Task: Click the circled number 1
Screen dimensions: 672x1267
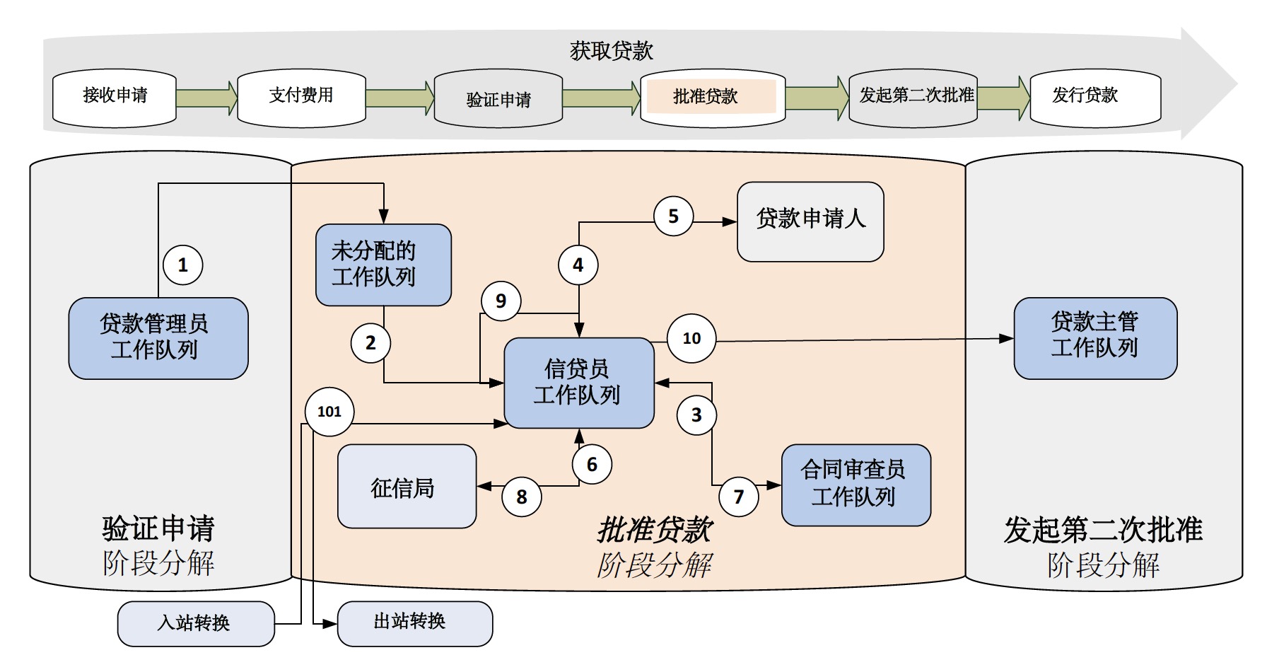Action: [x=183, y=265]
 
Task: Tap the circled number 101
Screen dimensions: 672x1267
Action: [x=329, y=412]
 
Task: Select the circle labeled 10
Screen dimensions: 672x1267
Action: [x=691, y=338]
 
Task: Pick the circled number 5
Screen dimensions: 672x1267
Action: [x=673, y=216]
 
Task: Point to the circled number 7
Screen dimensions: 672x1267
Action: [x=739, y=497]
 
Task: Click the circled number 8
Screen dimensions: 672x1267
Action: [x=522, y=497]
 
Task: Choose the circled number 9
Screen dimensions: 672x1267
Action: [x=501, y=301]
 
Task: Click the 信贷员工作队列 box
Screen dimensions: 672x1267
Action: [x=578, y=383]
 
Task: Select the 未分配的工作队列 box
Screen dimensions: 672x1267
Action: [x=383, y=265]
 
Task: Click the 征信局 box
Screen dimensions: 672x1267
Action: [x=407, y=487]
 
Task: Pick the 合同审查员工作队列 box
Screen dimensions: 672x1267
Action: [x=856, y=485]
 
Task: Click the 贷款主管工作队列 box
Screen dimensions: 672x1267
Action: [x=1094, y=338]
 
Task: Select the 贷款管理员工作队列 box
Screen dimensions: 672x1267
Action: [x=158, y=338]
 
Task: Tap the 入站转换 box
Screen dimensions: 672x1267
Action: [x=196, y=623]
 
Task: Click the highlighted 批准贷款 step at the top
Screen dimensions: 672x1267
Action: [x=711, y=97]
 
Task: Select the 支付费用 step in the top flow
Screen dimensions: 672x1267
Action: [x=301, y=97]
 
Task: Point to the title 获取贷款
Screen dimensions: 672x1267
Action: [x=612, y=50]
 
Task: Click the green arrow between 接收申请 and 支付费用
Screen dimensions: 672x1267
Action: [x=206, y=97]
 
